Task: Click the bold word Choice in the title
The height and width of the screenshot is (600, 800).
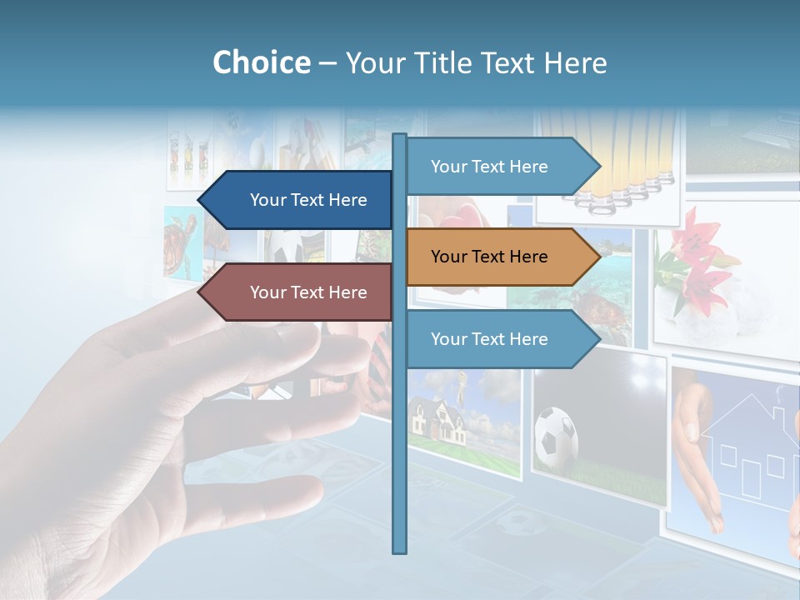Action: click(261, 62)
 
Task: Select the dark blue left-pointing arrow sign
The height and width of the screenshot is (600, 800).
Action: click(296, 200)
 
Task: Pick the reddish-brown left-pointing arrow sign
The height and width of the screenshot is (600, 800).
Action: click(296, 292)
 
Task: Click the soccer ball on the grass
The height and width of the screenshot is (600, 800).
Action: click(556, 438)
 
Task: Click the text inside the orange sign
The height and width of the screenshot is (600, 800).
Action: click(489, 257)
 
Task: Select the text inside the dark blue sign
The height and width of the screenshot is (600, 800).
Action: click(308, 200)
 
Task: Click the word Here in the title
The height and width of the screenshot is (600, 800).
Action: click(575, 62)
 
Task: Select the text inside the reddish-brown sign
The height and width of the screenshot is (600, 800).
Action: click(308, 292)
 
